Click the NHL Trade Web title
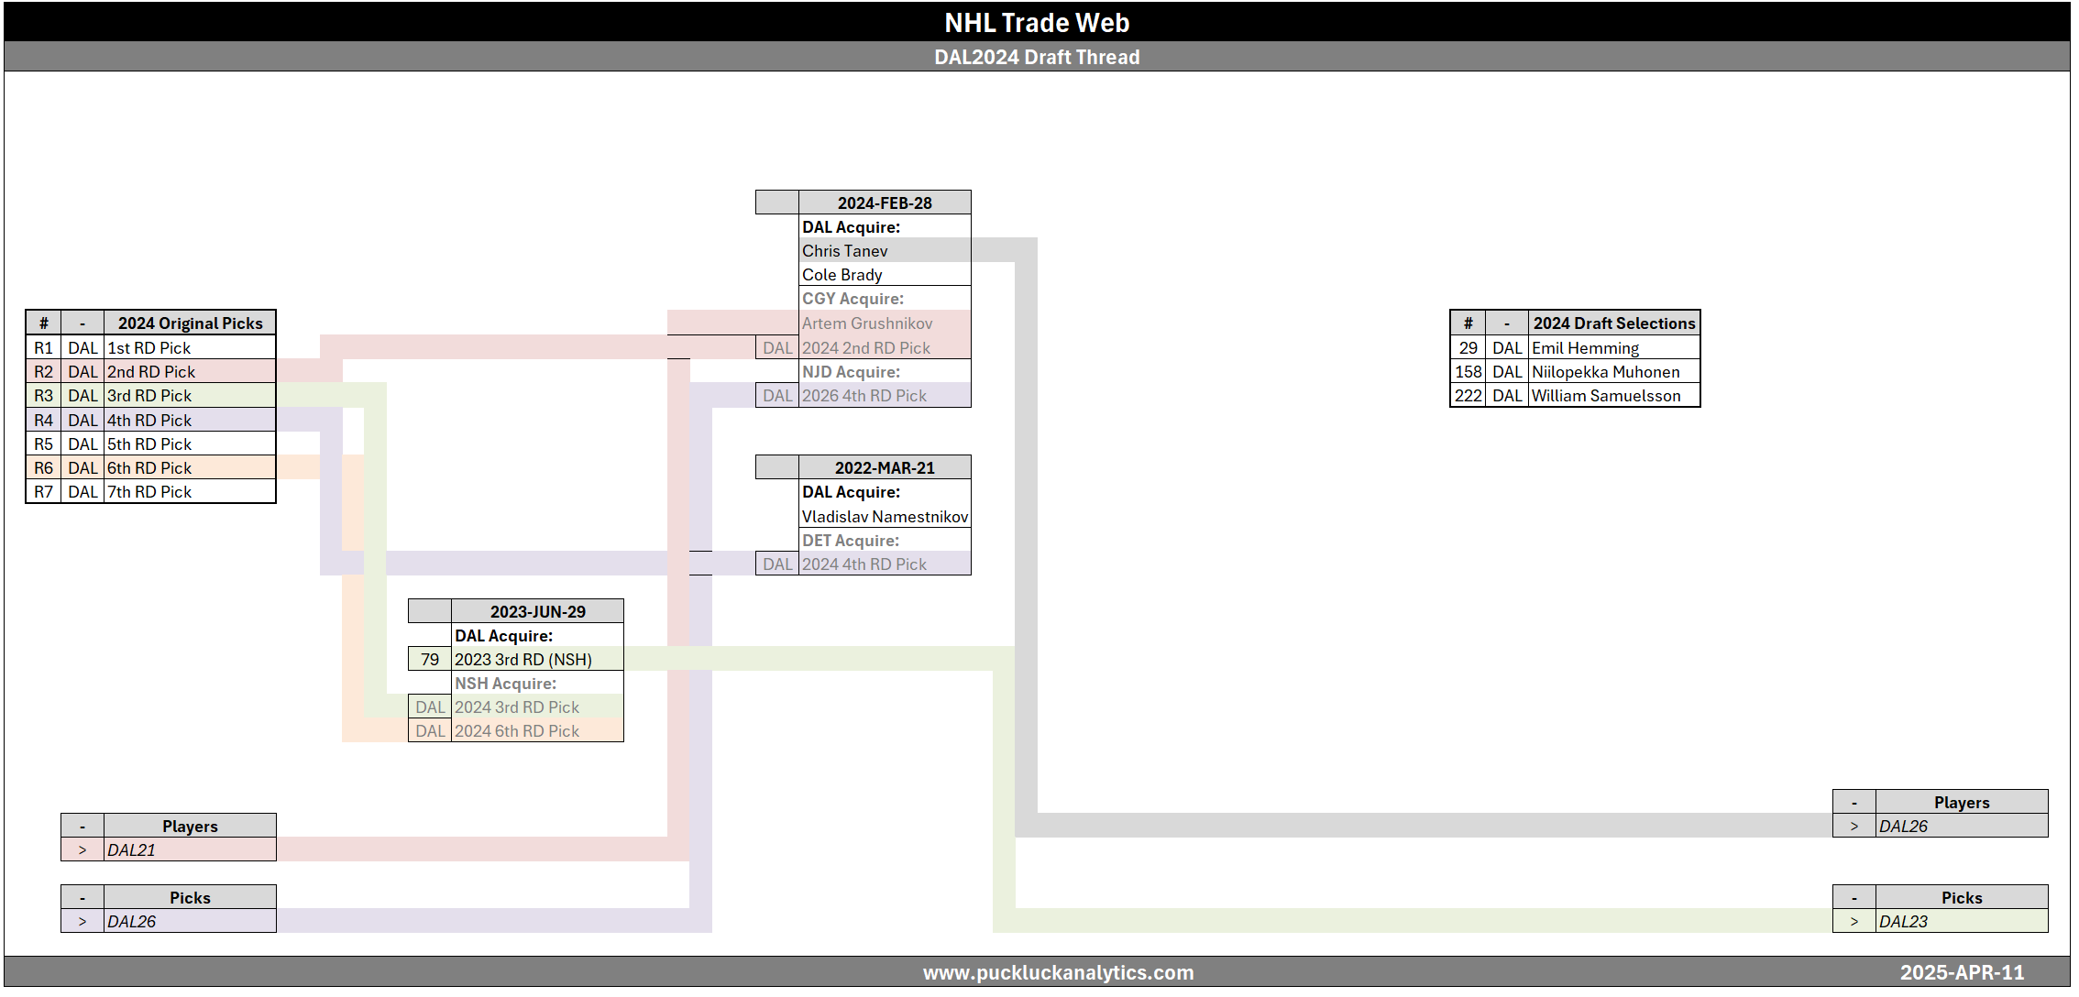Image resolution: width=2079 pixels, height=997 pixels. click(1037, 22)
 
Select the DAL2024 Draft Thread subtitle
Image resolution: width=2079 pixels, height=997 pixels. click(1037, 57)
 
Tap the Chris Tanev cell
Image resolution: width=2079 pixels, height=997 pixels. click(845, 251)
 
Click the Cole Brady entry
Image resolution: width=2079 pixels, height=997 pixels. click(842, 275)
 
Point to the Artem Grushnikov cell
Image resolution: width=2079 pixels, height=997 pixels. click(867, 323)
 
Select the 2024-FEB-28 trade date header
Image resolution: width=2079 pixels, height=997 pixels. click(884, 203)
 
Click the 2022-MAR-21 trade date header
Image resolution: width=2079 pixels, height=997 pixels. click(884, 467)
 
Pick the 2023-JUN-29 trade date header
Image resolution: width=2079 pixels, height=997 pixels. click(537, 611)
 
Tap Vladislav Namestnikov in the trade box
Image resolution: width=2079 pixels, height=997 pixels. click(885, 517)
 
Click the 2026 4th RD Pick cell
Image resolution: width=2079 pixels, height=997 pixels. click(864, 396)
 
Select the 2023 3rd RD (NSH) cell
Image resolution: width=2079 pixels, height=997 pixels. click(523, 660)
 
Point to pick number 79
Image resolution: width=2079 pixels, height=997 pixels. click(430, 660)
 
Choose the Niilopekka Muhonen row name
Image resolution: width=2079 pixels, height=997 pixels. click(1605, 372)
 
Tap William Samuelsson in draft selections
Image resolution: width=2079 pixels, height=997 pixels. click(1606, 396)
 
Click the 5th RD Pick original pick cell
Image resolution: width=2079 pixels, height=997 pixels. click(149, 444)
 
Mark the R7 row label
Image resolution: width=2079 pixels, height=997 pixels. click(43, 492)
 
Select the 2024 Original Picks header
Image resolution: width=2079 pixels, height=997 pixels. click(190, 323)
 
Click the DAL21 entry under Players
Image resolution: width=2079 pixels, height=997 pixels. click(131, 850)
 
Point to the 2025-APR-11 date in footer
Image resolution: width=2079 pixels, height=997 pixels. click(1962, 972)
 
